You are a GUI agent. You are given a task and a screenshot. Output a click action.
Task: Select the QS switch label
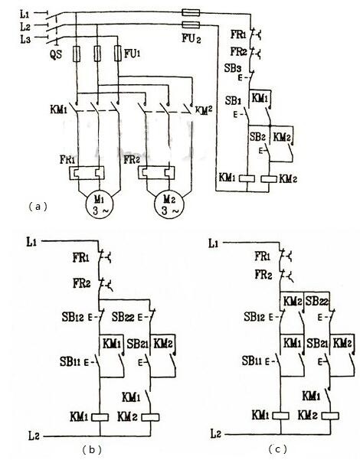[x=55, y=54]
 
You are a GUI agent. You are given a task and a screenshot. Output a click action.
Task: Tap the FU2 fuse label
[x=191, y=39]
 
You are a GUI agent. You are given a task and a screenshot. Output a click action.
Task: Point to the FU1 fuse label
[x=133, y=54]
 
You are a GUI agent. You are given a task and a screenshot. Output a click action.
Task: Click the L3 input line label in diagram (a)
[x=25, y=39]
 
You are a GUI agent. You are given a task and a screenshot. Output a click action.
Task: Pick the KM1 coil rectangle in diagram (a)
[x=247, y=178]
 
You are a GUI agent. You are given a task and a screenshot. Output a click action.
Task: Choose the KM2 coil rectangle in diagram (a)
[x=269, y=178]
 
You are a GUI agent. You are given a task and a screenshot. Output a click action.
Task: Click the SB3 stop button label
[x=233, y=68]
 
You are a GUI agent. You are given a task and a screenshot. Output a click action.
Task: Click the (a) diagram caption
[x=38, y=207]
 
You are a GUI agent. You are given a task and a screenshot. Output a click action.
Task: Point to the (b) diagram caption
[x=92, y=450]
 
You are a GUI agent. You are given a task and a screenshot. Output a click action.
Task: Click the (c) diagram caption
[x=277, y=449]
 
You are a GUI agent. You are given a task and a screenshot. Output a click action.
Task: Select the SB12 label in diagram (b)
[x=73, y=317]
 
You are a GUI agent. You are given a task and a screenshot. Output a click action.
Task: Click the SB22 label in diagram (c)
[x=317, y=301]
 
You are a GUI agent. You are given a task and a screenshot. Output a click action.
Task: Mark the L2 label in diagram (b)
[x=34, y=436]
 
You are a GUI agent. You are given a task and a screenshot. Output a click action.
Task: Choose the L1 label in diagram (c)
[x=213, y=243]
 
